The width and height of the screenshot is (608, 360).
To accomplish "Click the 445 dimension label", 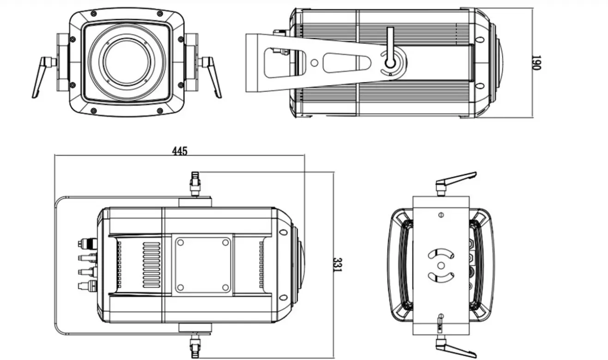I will [x=180, y=151].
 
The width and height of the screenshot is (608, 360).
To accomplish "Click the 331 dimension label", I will [x=338, y=264].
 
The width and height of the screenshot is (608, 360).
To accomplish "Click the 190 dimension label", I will [x=536, y=62].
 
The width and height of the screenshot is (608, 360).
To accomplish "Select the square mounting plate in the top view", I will [x=203, y=264].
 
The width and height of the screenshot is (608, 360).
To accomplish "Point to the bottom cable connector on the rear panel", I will [x=86, y=284].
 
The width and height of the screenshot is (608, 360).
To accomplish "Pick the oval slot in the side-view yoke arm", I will [x=346, y=63].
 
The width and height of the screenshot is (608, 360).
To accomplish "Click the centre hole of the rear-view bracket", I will [x=441, y=265].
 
